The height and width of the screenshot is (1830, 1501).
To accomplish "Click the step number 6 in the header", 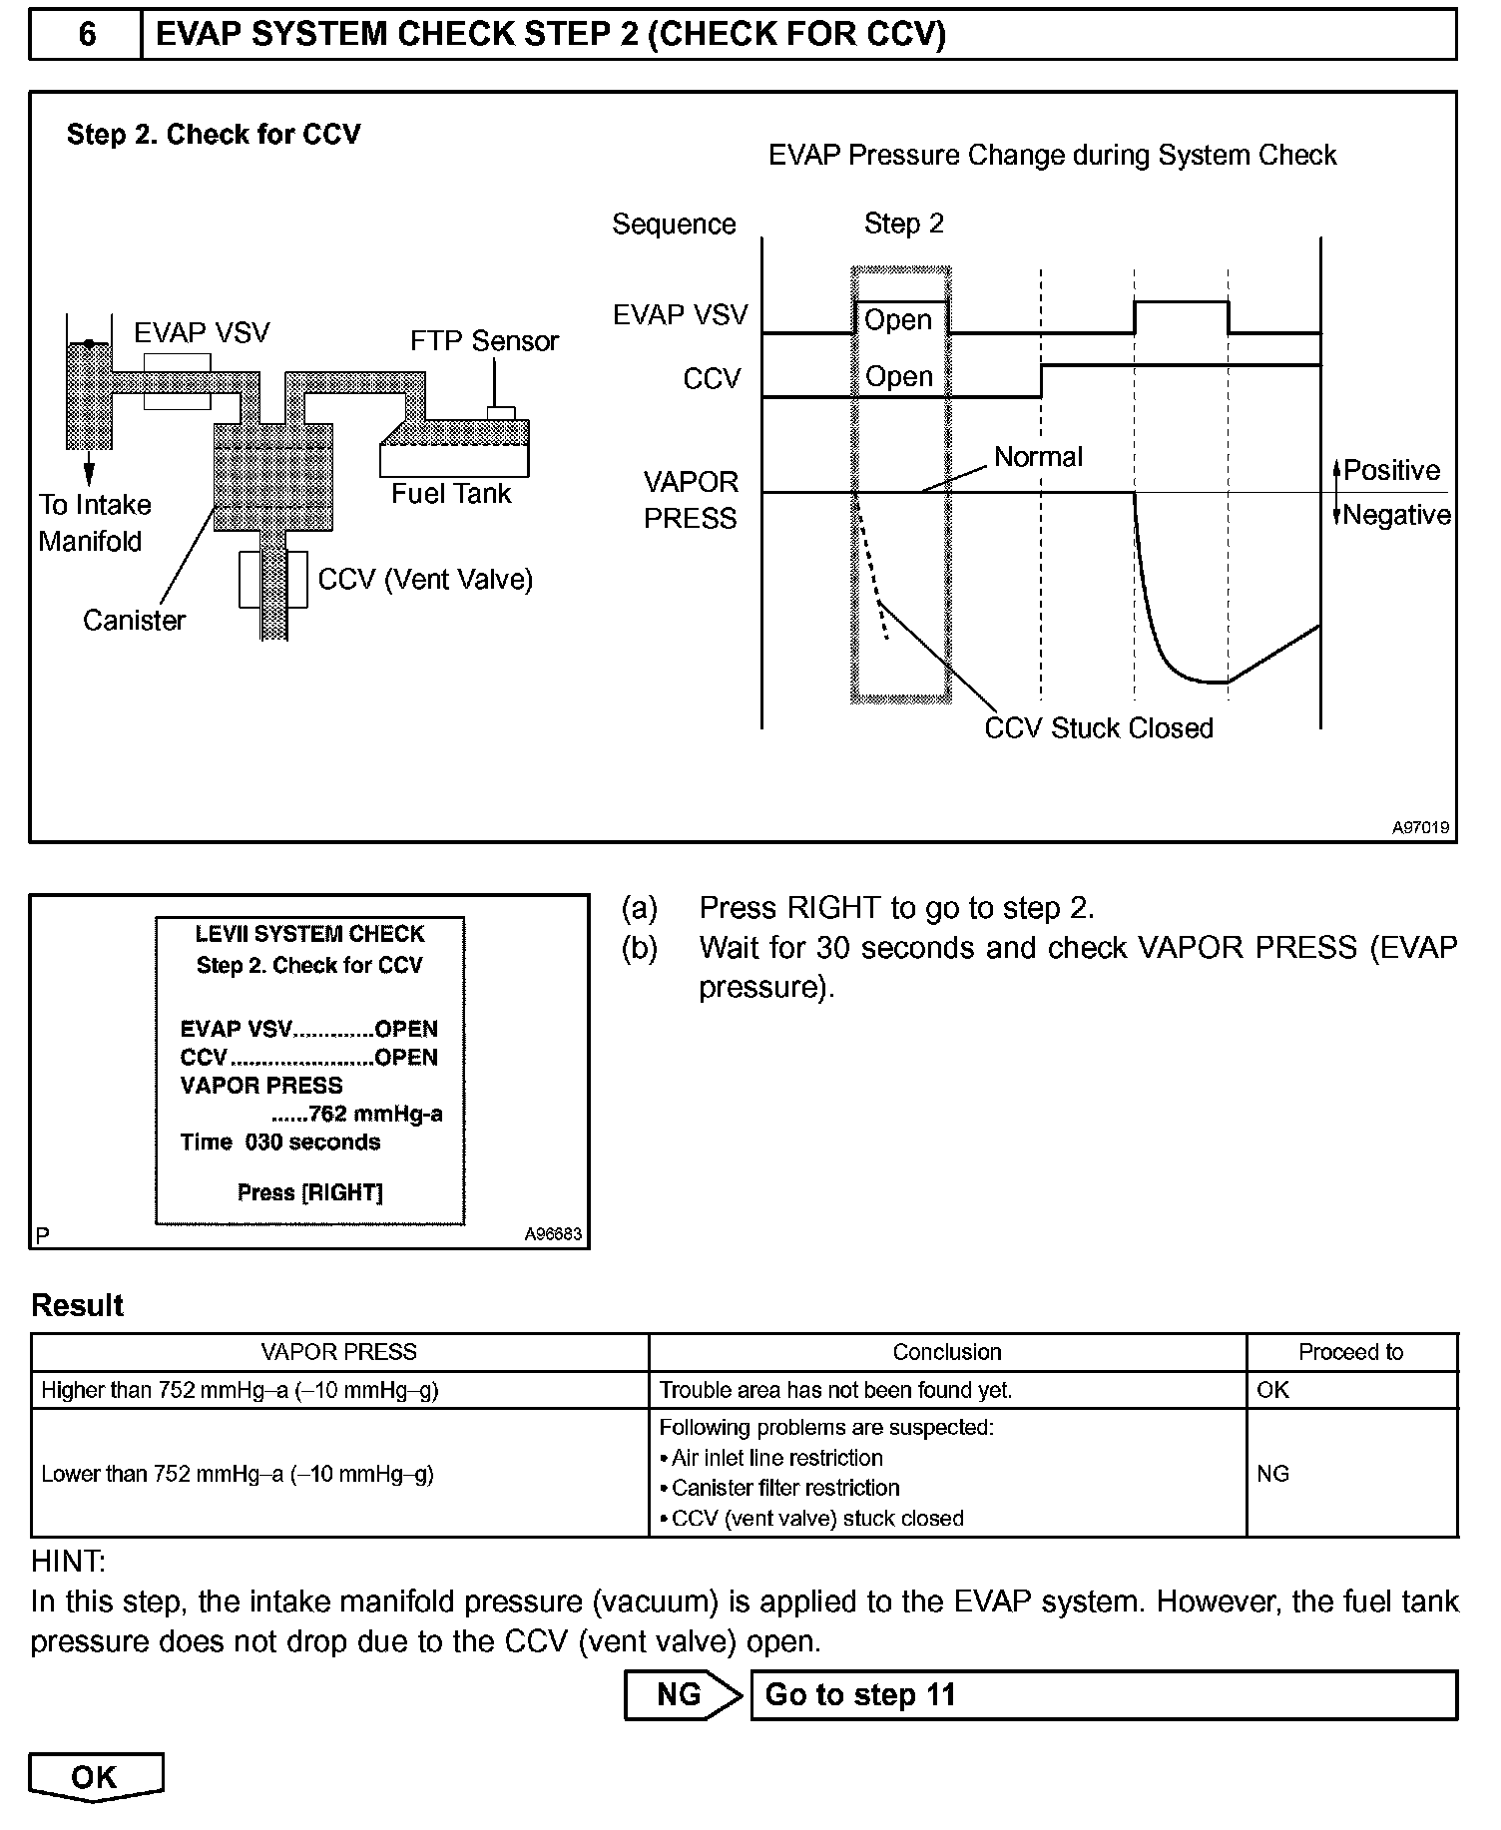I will coord(87,35).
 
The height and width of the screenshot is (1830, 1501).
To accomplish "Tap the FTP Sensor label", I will coord(484,341).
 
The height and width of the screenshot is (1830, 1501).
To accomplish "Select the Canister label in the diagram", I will coord(134,621).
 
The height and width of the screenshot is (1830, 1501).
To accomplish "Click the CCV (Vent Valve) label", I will coord(425,580).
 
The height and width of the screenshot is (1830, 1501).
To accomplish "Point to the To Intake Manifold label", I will coord(94,523).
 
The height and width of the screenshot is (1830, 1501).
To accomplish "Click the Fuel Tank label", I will coord(451,494).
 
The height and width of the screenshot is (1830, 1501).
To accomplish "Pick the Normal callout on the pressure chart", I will coord(1038,457).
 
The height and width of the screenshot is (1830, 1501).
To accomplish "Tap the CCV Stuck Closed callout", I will coord(1098,728).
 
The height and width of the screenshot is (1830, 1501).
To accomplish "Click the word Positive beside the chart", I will coord(1391,470).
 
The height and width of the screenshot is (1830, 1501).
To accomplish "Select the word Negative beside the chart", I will coord(1396,515).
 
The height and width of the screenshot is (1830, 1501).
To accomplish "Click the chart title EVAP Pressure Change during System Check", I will coord(1052,156).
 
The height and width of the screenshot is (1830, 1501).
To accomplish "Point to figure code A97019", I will coord(1421,828).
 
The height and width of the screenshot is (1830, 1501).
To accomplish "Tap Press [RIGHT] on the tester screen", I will coord(310,1192).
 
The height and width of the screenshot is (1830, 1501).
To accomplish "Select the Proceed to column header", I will coord(1350,1352).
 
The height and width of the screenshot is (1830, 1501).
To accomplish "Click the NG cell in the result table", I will coord(1273,1473).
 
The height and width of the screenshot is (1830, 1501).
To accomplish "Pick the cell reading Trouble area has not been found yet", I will coord(835,1390).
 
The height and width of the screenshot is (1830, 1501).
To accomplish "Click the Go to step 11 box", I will coord(1102,1695).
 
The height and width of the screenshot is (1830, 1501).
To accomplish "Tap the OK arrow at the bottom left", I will coord(95,1777).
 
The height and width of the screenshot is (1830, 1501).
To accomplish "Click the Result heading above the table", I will coord(78,1305).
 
